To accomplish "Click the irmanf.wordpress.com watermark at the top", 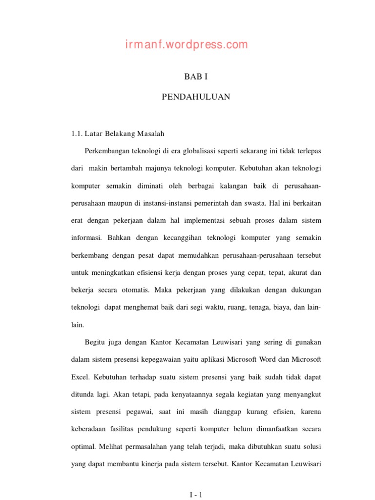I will [x=186, y=45].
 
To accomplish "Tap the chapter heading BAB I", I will [x=196, y=77].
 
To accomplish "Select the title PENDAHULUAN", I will [x=196, y=97].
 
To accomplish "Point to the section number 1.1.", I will [x=77, y=133].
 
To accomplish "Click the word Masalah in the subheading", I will [x=151, y=133].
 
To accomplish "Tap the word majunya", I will [x=155, y=168].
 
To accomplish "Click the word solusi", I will [x=311, y=447].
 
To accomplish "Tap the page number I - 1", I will [x=196, y=495].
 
